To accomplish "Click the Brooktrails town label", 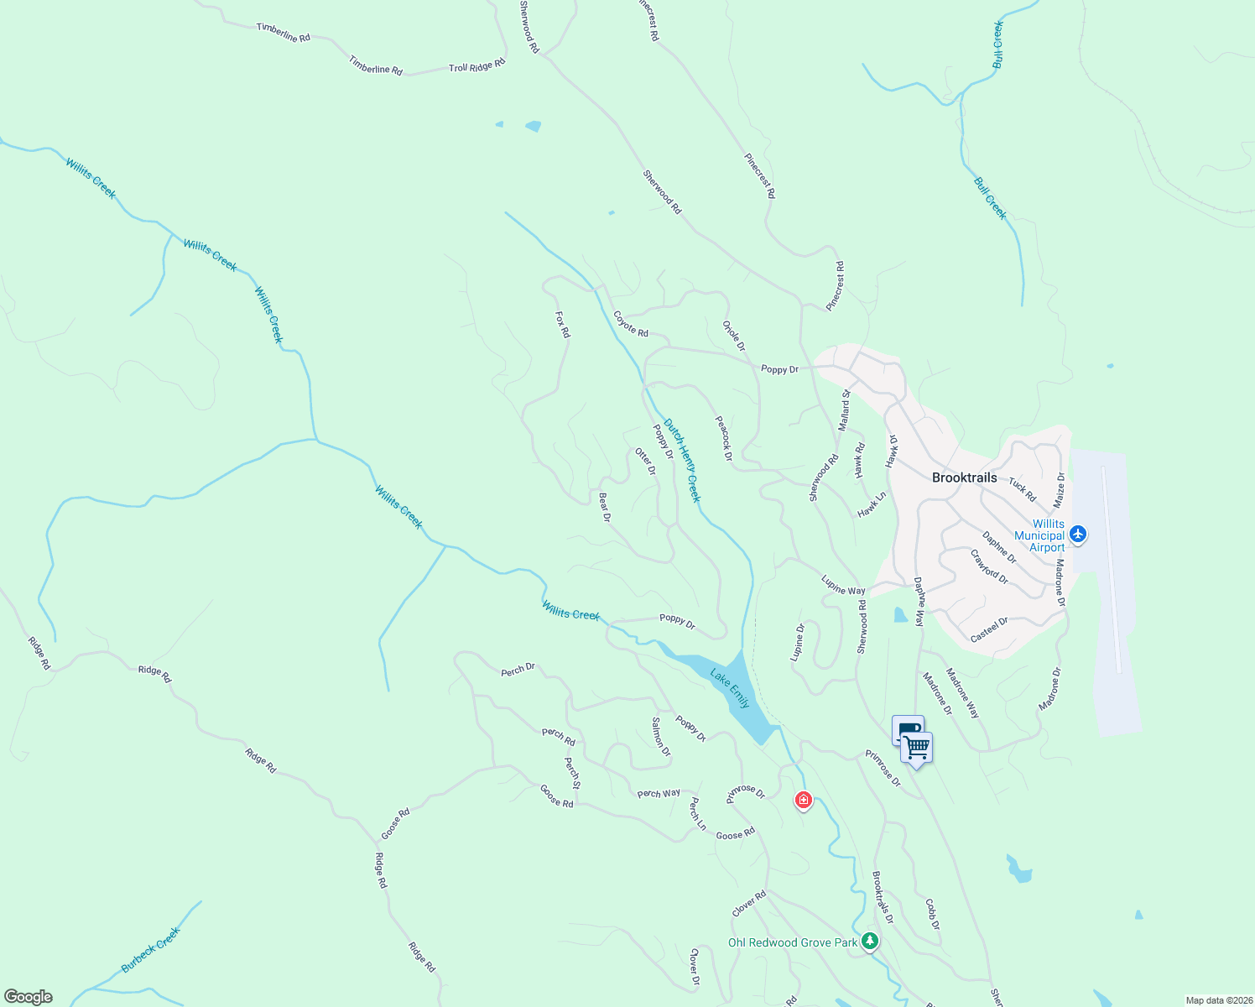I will [965, 477].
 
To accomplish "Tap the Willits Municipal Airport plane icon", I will [1078, 534].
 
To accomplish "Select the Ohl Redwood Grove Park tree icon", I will [871, 942].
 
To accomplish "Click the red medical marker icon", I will [804, 801].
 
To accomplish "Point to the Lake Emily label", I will [730, 688].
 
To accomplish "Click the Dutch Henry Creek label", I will [682, 460].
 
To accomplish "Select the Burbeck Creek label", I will [151, 950].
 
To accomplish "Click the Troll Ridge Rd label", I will [476, 65].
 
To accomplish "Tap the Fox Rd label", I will [563, 325].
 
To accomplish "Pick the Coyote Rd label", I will [631, 325].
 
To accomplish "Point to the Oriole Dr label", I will [734, 335].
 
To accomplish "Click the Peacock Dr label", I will [723, 438].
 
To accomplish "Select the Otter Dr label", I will [645, 461].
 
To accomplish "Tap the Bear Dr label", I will [604, 507].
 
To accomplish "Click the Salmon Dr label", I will [661, 736].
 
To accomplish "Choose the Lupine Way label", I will [843, 585].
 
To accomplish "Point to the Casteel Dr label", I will [989, 630].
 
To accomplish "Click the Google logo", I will [29, 997].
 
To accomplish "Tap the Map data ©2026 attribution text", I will [1217, 1000].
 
